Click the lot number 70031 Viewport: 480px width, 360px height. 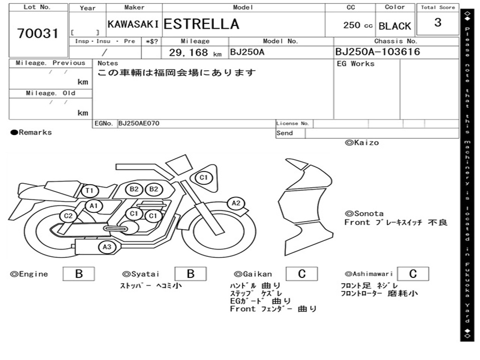pyautogui.click(x=37, y=33)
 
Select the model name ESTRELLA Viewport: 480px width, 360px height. pyautogui.click(x=201, y=24)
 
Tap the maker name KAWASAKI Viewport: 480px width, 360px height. pyautogui.click(x=133, y=24)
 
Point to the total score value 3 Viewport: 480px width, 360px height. pyautogui.click(x=438, y=22)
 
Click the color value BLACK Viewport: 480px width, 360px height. pyautogui.click(x=395, y=26)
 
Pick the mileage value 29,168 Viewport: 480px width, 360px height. pyautogui.click(x=188, y=52)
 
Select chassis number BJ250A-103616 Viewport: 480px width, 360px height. pyautogui.click(x=377, y=52)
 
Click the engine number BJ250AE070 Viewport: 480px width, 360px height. pyautogui.click(x=139, y=123)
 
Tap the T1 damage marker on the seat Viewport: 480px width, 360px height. pyautogui.click(x=90, y=191)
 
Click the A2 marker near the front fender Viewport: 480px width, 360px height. pyautogui.click(x=236, y=203)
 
